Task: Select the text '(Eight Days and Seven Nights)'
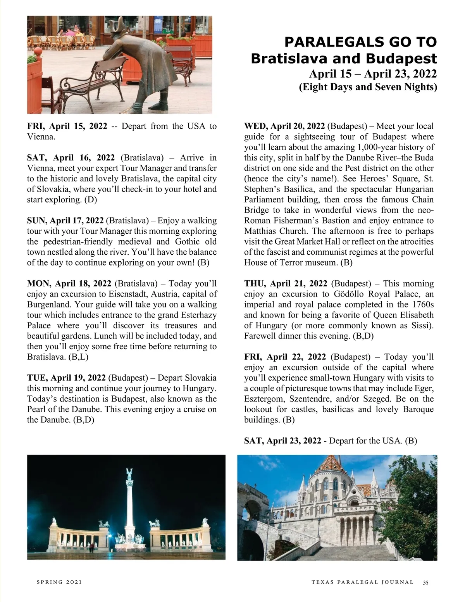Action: point(368,87)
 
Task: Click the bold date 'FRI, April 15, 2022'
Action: point(67,126)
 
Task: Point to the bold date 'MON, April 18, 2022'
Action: point(69,284)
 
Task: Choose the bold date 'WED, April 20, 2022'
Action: point(284,126)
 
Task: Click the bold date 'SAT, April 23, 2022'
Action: point(282,441)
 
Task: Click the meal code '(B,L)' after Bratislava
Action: point(78,357)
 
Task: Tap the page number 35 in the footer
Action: point(426,582)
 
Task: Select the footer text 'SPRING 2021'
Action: point(59,582)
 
